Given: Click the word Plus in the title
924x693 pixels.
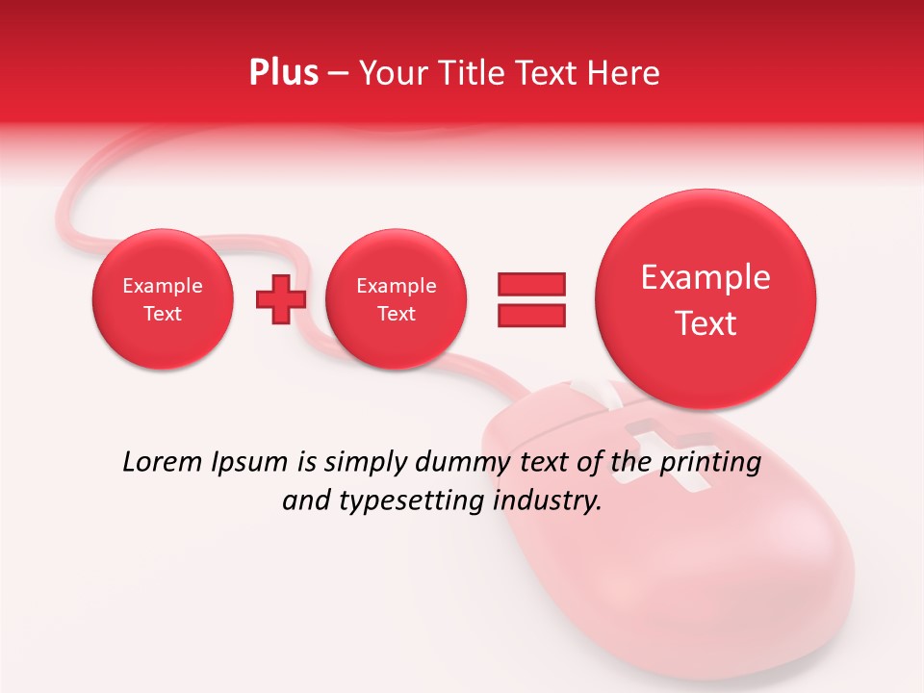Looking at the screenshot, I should [283, 73].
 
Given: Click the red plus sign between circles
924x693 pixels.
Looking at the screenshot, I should [280, 298].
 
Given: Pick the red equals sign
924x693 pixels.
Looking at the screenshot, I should [531, 299].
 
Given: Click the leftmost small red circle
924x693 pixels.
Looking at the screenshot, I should [162, 299].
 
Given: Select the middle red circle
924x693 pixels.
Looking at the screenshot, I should [396, 299].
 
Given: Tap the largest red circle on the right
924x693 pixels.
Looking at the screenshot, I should [706, 299].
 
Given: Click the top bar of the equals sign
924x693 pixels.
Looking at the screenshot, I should [531, 284].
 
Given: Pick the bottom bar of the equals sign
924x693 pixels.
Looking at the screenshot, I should [531, 315].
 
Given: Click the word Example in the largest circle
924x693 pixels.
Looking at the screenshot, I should [706, 277].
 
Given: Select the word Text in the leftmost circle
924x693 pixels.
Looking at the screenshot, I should [162, 314].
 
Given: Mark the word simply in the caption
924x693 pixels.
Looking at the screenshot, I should [367, 463].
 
